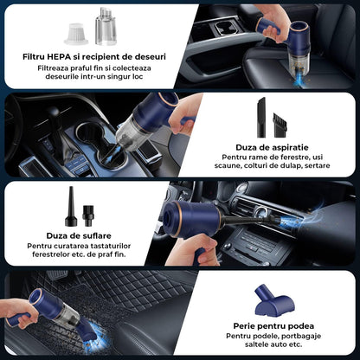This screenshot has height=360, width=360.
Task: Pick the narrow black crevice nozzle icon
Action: [x=260, y=115]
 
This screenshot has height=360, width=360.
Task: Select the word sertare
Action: [x=314, y=167]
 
